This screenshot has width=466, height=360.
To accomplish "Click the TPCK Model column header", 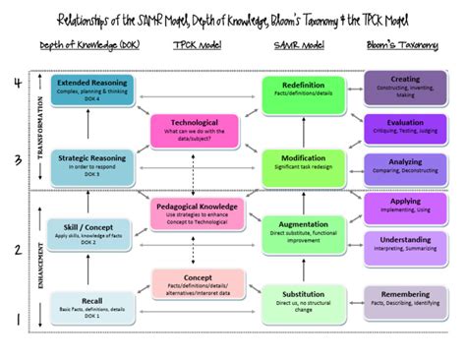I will tap(199, 46).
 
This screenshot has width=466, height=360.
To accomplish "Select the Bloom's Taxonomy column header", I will tap(403, 46).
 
